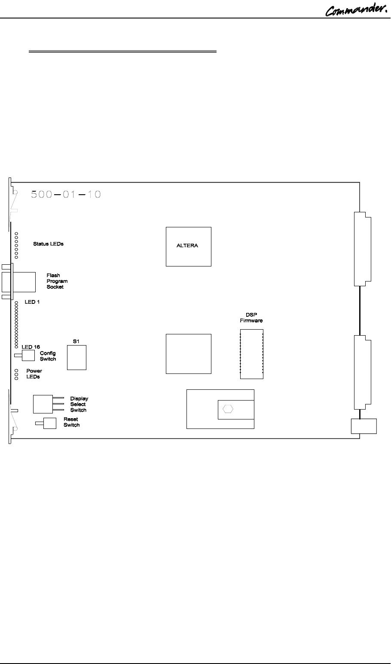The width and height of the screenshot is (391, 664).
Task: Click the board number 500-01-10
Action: tap(66, 194)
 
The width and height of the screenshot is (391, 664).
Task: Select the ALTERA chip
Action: tap(189, 246)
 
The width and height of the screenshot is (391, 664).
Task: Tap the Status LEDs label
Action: tap(48, 244)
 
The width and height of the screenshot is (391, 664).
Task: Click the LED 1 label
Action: tap(32, 302)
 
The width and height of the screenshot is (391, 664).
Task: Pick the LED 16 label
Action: tap(31, 346)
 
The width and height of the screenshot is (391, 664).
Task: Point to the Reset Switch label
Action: tap(71, 422)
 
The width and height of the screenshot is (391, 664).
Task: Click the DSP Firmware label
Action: tap(251, 318)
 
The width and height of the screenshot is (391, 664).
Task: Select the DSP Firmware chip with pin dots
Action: tap(251, 355)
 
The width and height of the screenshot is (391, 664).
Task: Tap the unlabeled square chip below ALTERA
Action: tap(189, 353)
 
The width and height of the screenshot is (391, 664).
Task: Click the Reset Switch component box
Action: tap(49, 423)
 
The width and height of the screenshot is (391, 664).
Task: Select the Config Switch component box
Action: tap(28, 355)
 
